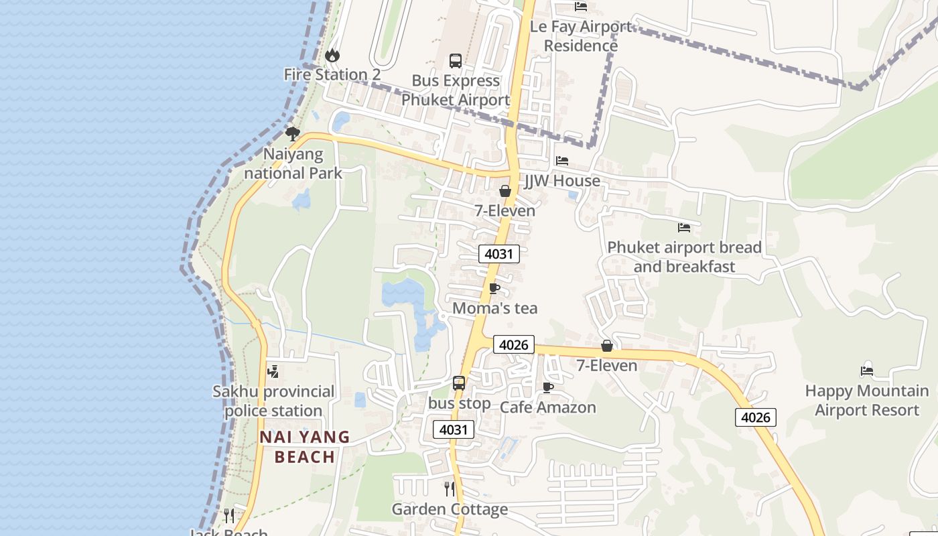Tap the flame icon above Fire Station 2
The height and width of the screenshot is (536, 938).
tap(332, 55)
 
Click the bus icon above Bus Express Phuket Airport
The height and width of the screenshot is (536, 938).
tap(456, 61)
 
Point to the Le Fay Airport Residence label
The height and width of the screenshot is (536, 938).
tap(581, 36)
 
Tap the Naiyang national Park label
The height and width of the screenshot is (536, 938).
tap(293, 163)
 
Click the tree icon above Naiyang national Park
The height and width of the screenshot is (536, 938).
tap(293, 133)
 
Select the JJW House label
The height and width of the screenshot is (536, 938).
tap(562, 181)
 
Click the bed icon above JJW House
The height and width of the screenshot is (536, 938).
tap(562, 161)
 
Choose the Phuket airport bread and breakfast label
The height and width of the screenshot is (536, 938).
tap(684, 257)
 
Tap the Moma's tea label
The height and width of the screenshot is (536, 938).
tap(495, 308)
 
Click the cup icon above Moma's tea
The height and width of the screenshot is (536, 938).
tap(494, 289)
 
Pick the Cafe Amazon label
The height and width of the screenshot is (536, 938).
tap(548, 407)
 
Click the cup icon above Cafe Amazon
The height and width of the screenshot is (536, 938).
tap(548, 387)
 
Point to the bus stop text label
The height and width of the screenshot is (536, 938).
tap(460, 404)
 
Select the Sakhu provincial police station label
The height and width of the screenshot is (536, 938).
tap(273, 401)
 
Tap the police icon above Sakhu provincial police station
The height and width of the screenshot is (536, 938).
tap(273, 371)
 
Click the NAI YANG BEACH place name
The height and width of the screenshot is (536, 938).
tap(305, 447)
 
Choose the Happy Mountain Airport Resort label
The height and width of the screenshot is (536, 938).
tap(867, 400)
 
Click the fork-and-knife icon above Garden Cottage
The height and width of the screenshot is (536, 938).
tap(450, 489)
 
